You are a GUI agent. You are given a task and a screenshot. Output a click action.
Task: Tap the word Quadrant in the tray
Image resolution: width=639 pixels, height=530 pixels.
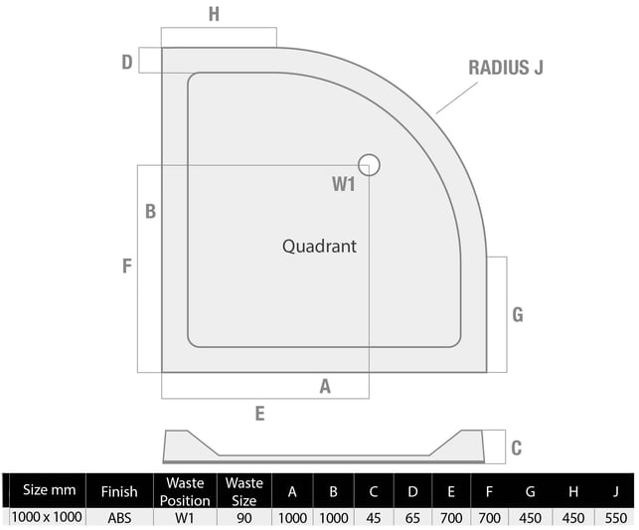(319, 247)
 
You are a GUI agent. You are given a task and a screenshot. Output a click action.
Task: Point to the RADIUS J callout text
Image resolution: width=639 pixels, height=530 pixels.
(506, 68)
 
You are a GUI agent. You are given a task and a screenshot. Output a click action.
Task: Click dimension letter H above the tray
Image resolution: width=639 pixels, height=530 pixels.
(214, 14)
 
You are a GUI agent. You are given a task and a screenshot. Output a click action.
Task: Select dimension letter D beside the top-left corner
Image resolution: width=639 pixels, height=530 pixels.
(127, 63)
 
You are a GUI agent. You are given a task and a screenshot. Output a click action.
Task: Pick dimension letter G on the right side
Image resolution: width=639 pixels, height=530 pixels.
(518, 315)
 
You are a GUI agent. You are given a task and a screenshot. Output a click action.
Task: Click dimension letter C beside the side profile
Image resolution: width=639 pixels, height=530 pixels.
(517, 447)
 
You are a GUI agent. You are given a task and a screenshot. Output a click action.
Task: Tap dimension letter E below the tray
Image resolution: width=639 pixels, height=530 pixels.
(259, 414)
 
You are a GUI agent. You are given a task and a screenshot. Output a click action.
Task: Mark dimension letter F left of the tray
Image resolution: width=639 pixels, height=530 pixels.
(127, 265)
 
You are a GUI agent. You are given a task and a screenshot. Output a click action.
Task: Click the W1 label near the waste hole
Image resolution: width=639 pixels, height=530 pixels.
(344, 184)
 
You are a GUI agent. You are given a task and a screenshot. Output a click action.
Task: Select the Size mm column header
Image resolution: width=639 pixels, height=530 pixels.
(50, 489)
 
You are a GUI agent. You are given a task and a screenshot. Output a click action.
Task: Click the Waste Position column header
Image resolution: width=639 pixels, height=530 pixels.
(185, 491)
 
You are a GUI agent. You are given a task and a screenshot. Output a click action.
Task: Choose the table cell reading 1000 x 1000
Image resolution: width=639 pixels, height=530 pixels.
(47, 517)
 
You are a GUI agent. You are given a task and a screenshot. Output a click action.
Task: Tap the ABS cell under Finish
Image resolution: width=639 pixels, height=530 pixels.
(119, 518)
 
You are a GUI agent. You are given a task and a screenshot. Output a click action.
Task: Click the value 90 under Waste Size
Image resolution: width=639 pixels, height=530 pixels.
(244, 518)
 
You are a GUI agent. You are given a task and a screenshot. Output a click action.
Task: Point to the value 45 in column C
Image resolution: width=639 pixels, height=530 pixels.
(374, 518)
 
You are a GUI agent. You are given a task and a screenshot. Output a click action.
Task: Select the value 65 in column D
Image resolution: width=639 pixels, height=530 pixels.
(412, 518)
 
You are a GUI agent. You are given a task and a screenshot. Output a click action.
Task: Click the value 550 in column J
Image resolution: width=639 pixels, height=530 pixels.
(616, 518)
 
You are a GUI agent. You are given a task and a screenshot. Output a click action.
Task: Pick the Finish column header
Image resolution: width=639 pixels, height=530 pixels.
(119, 491)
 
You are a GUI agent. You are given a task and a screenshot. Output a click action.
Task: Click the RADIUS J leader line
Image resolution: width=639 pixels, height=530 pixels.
(457, 97)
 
